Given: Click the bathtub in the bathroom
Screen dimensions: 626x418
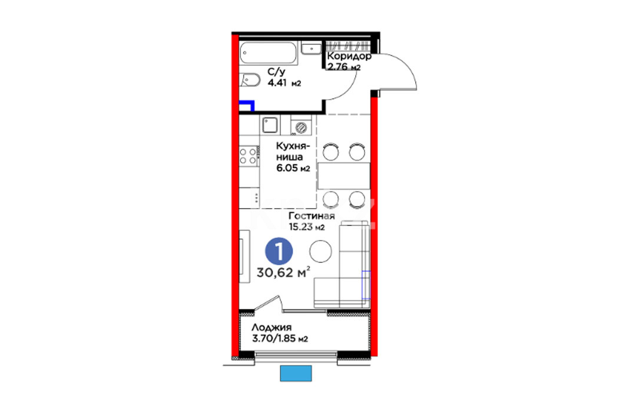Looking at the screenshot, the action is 269,52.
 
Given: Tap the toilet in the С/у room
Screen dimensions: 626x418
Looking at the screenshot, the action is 249,80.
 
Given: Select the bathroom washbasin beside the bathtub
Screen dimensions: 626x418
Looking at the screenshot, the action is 312,48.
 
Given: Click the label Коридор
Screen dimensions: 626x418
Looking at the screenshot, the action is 349,57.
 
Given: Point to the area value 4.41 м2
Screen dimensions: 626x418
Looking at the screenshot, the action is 284,83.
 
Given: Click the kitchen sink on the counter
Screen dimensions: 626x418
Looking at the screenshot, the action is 270,125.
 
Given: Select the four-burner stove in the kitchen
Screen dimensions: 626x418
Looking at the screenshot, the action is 248,156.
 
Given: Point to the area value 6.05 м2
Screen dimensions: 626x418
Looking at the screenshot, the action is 293,168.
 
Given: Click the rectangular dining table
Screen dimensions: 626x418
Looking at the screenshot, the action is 344,176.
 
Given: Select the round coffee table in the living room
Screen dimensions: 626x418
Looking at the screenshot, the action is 320,251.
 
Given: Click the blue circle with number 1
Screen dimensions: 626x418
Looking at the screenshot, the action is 279,251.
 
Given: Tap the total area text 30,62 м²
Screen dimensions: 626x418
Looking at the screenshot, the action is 283,272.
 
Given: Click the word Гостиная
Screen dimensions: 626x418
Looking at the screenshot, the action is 312,216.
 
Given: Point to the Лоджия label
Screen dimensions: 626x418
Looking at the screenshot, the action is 271,328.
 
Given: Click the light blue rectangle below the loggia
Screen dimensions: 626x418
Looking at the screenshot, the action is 296,373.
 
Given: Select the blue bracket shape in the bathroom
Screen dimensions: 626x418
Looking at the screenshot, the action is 247,105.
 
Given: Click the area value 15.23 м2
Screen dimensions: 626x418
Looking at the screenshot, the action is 307,228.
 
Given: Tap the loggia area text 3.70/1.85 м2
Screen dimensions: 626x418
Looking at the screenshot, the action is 280,339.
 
